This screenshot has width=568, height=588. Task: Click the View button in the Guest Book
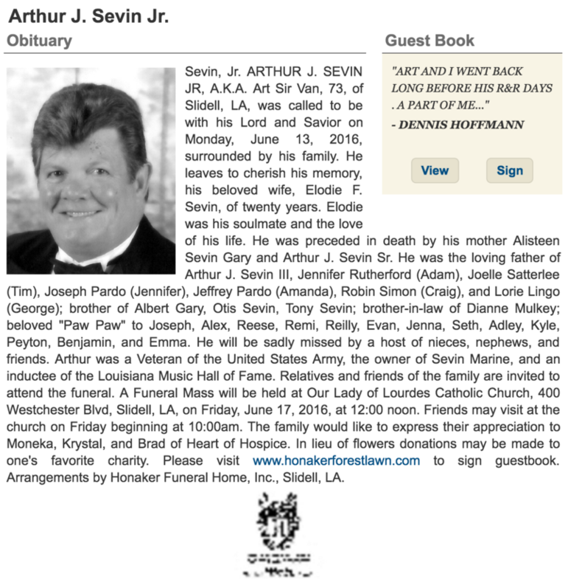[435, 170]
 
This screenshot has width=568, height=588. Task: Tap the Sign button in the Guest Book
[509, 170]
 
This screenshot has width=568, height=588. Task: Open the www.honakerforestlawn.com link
[336, 460]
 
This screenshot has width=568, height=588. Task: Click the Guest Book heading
[429, 41]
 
